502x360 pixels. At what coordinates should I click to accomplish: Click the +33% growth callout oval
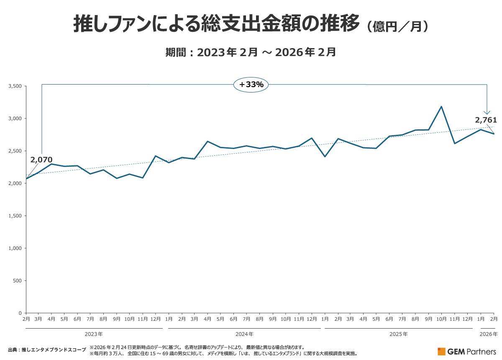point(251,85)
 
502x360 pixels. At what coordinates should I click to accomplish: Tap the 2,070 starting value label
point(41,159)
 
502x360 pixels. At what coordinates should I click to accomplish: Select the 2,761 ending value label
point(486,120)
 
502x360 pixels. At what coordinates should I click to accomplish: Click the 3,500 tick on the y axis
point(15,86)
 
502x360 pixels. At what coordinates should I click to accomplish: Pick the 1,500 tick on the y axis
point(15,216)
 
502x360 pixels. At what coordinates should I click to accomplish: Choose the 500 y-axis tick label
point(17,281)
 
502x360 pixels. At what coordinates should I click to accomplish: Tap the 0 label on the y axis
point(20,313)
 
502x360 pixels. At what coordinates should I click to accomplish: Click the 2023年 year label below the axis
point(94,334)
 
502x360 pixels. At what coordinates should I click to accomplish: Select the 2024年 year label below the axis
point(244,334)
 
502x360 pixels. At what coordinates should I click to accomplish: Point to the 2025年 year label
point(399,334)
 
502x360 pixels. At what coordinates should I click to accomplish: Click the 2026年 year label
point(489,334)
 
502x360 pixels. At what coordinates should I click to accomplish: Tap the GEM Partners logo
point(467,352)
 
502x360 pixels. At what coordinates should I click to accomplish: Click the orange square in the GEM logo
point(442,352)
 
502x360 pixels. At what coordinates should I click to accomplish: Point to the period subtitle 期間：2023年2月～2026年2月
point(251,52)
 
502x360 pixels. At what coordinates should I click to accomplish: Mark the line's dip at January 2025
point(325,157)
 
